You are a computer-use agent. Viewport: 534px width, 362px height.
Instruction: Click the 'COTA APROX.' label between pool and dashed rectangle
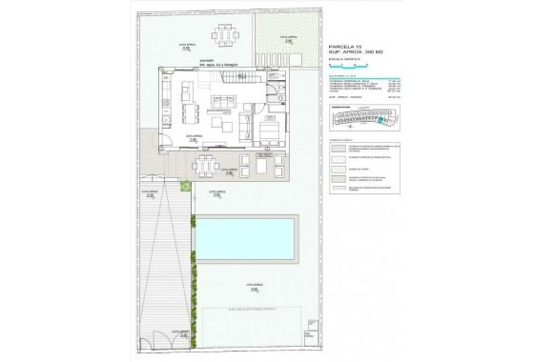(x=254, y=284)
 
